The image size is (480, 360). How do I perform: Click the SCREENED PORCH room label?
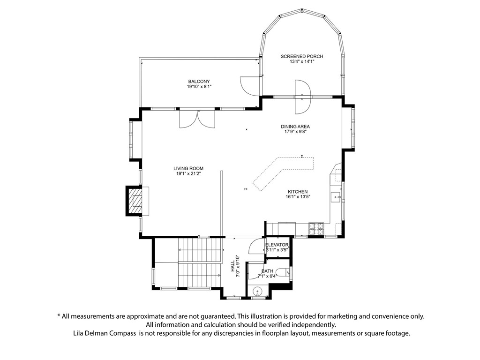302,56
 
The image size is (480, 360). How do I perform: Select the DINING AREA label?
295,126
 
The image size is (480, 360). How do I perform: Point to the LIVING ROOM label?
188,168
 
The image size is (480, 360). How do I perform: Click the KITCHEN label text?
298,192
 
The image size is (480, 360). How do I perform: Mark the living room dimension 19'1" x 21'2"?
188,174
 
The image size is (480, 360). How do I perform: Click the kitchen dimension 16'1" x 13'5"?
298,197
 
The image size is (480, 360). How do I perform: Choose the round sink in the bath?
256,292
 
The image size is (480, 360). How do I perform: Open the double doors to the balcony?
197,118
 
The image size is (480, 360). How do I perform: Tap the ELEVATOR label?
277,245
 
